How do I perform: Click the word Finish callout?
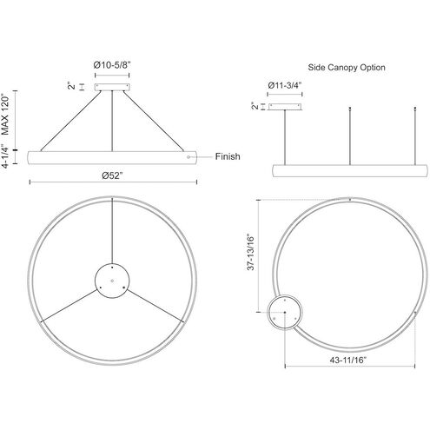(x=227, y=156)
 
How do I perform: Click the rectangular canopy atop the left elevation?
(x=111, y=86)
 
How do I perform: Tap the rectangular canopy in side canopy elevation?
(x=283, y=108)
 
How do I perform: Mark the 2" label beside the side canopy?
(x=254, y=108)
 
